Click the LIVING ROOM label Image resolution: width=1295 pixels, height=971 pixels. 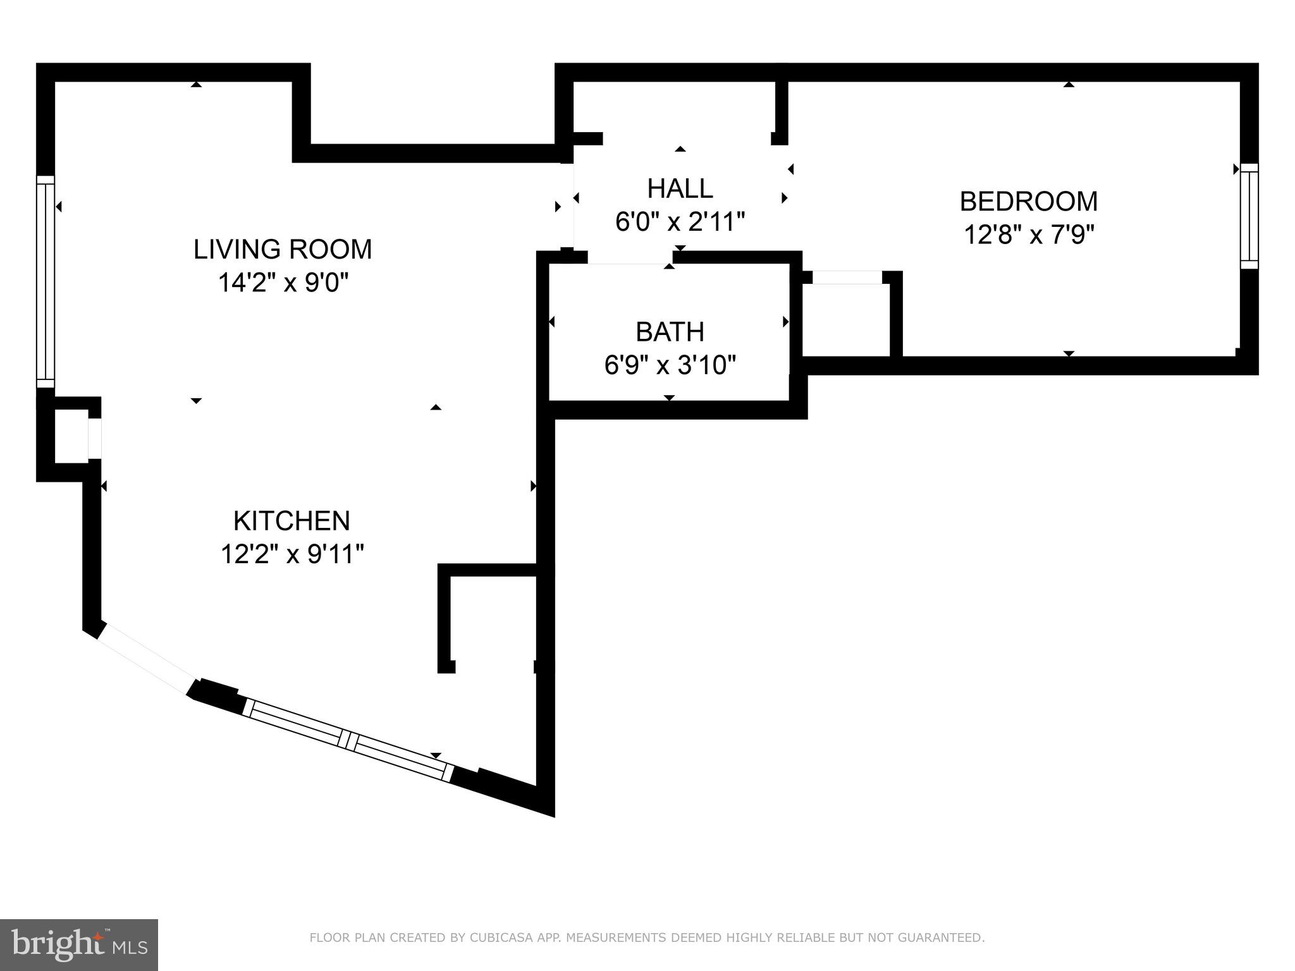tap(283, 249)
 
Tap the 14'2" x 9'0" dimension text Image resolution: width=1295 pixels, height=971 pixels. tap(283, 282)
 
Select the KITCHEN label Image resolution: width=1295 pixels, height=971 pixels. tap(292, 521)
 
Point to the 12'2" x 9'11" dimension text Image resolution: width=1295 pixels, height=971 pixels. tap(292, 554)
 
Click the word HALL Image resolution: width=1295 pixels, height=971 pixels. tap(680, 188)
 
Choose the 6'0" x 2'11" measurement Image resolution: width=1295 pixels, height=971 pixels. tap(680, 222)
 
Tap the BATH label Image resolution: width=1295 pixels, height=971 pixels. tap(670, 332)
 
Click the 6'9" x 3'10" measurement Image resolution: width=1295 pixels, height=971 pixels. tap(670, 365)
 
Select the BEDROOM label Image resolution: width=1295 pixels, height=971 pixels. tap(1028, 202)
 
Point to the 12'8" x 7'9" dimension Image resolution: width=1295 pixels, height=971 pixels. tap(1028, 235)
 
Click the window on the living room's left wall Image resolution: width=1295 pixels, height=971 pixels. tap(46, 281)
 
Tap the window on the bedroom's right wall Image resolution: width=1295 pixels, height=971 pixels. tap(1249, 216)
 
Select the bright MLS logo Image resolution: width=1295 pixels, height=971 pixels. tap(78, 945)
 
